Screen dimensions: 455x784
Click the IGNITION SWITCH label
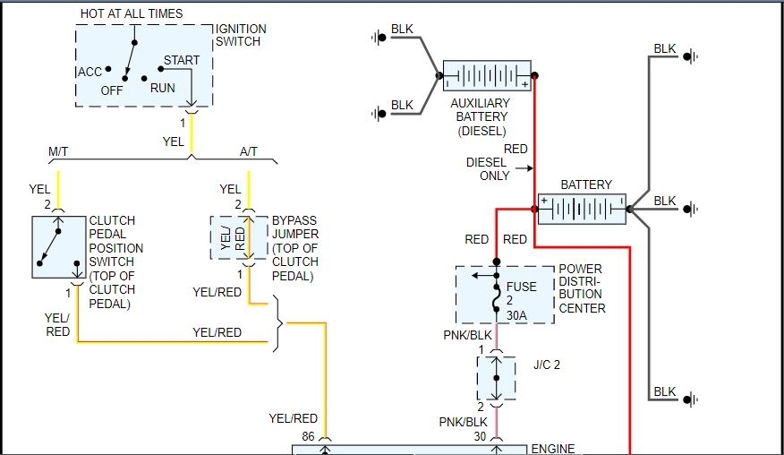pos(240,35)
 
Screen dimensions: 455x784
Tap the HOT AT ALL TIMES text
pos(132,13)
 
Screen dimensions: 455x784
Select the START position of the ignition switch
pos(182,61)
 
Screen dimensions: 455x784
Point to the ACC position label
pos(89,72)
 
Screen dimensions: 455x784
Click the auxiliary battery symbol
pos(487,76)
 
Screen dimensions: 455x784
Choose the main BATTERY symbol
pos(582,210)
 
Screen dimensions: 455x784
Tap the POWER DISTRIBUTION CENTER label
pos(582,288)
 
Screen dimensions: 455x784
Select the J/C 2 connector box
pos(496,378)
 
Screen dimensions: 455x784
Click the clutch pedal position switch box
pos(57,247)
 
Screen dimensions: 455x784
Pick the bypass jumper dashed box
pos(239,237)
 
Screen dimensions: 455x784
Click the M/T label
pos(58,152)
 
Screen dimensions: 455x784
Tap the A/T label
pos(249,152)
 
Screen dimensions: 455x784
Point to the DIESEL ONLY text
pos(487,169)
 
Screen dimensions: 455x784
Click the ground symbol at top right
pos(690,56)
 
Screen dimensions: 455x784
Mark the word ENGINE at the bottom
pos(553,448)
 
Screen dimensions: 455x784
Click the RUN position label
pos(163,88)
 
